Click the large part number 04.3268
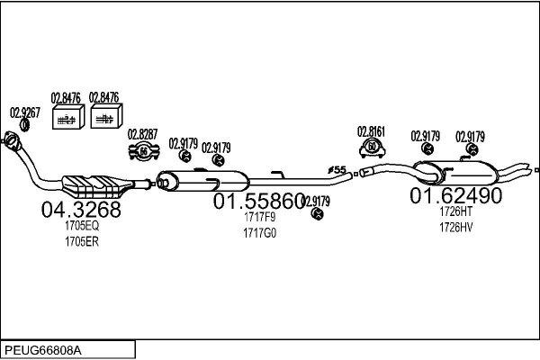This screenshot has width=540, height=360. tap(81, 210)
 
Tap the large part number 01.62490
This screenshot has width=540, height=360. tap(456, 195)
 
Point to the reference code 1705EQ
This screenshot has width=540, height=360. tap(81, 227)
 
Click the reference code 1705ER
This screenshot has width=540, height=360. tap(81, 241)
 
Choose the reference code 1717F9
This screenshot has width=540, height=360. tap(259, 218)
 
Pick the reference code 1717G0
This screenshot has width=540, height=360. tap(259, 232)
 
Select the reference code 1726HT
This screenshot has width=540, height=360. tap(455, 211)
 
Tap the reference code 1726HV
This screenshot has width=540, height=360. tap(455, 227)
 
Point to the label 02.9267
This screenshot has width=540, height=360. tap(24, 112)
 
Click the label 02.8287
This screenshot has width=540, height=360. tap(142, 134)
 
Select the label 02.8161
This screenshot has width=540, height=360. tap(371, 130)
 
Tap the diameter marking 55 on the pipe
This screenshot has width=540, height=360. tap(337, 169)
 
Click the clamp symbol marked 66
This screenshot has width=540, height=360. tap(142, 150)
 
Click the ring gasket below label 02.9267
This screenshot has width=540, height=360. tap(24, 125)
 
